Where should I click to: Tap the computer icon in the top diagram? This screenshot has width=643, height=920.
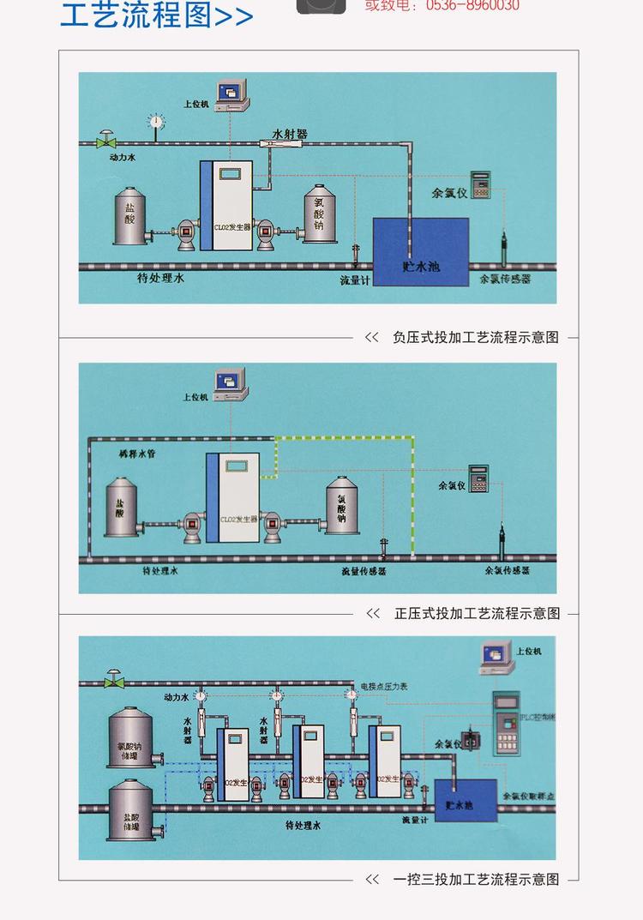pyautogui.click(x=231, y=93)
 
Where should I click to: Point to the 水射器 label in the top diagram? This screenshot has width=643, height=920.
pyautogui.click(x=290, y=134)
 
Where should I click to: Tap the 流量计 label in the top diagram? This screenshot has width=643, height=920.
pyautogui.click(x=354, y=280)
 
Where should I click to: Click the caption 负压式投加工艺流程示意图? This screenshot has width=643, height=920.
pyautogui.click(x=475, y=337)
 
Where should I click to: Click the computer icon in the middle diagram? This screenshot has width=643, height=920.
pyautogui.click(x=230, y=382)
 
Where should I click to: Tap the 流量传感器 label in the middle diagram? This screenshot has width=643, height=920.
pyautogui.click(x=364, y=571)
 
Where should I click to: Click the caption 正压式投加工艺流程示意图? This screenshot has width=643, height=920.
pyautogui.click(x=477, y=613)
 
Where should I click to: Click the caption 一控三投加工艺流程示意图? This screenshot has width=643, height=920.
pyautogui.click(x=476, y=879)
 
